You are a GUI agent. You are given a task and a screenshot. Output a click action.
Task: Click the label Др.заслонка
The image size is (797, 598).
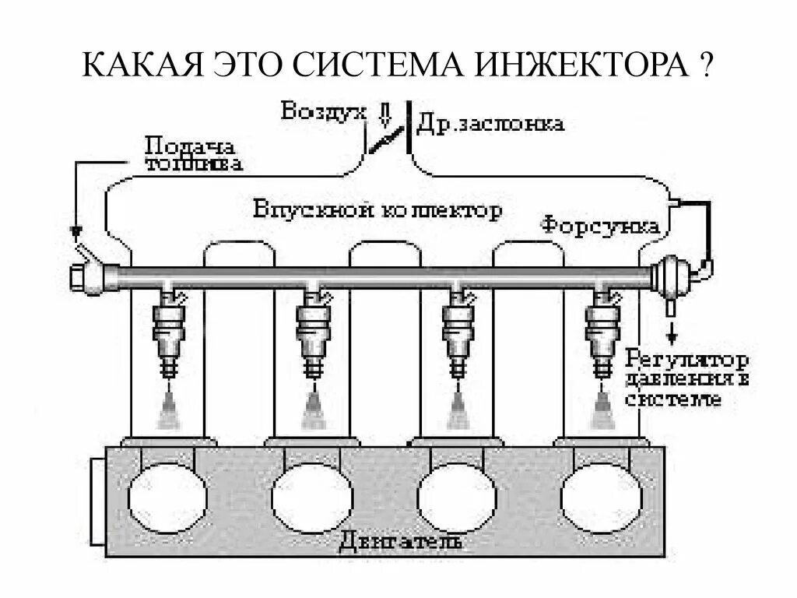tap(491, 123)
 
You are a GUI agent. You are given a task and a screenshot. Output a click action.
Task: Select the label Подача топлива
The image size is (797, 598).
tap(194, 154)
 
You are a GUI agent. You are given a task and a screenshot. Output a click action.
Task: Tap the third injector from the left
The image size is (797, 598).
tap(457, 331)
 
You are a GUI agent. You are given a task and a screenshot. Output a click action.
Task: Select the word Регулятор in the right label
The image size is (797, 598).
tap(687, 361)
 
